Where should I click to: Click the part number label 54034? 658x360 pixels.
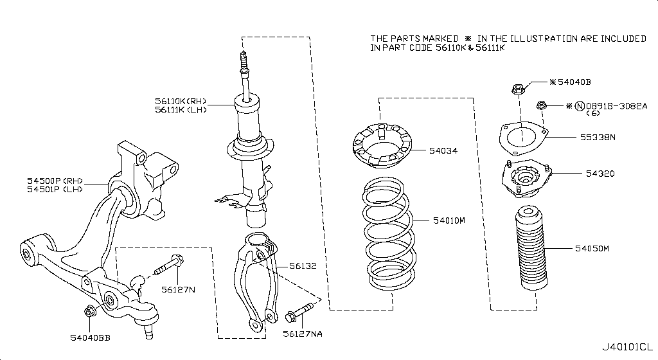(443, 152)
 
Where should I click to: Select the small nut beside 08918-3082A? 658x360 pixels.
(541, 105)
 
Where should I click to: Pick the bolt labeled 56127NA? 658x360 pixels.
(300, 314)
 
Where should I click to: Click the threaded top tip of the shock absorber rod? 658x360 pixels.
(243, 58)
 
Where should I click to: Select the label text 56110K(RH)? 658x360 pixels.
(179, 101)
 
